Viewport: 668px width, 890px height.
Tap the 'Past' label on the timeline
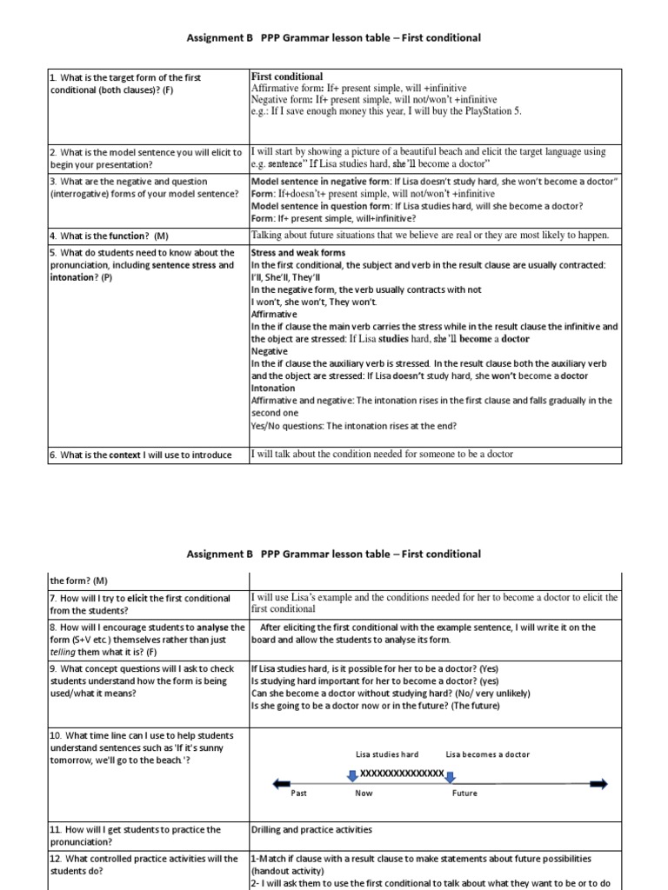[298, 794]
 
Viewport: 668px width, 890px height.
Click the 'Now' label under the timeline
[364, 794]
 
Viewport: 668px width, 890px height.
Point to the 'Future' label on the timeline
[464, 794]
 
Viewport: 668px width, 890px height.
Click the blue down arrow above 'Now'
[351, 774]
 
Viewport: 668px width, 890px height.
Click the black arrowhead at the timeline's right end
[599, 784]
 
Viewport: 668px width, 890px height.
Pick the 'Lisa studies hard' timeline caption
[387, 754]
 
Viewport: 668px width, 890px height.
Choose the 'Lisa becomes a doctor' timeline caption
[487, 754]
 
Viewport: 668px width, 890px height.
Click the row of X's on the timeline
[401, 773]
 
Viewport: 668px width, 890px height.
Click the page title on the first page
[333, 38]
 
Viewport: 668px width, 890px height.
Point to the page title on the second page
[333, 554]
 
